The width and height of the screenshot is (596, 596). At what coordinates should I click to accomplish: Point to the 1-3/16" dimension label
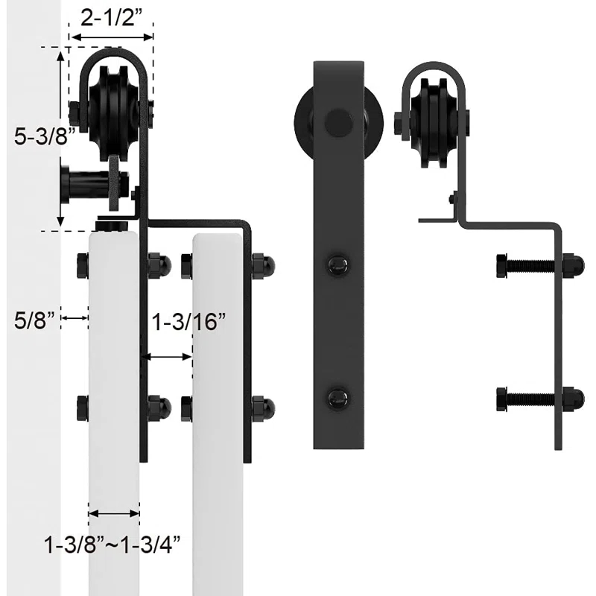pos(188,323)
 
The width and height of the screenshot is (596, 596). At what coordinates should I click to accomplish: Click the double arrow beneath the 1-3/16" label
pos(168,357)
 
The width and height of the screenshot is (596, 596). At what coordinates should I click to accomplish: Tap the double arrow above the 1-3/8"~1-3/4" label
pos(114,513)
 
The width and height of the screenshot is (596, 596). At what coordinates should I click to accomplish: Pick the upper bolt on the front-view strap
pos(337,264)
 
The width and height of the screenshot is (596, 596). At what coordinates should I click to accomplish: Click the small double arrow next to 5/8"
pos(75,318)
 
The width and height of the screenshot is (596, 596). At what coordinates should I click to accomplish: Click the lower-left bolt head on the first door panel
pos(82,408)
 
